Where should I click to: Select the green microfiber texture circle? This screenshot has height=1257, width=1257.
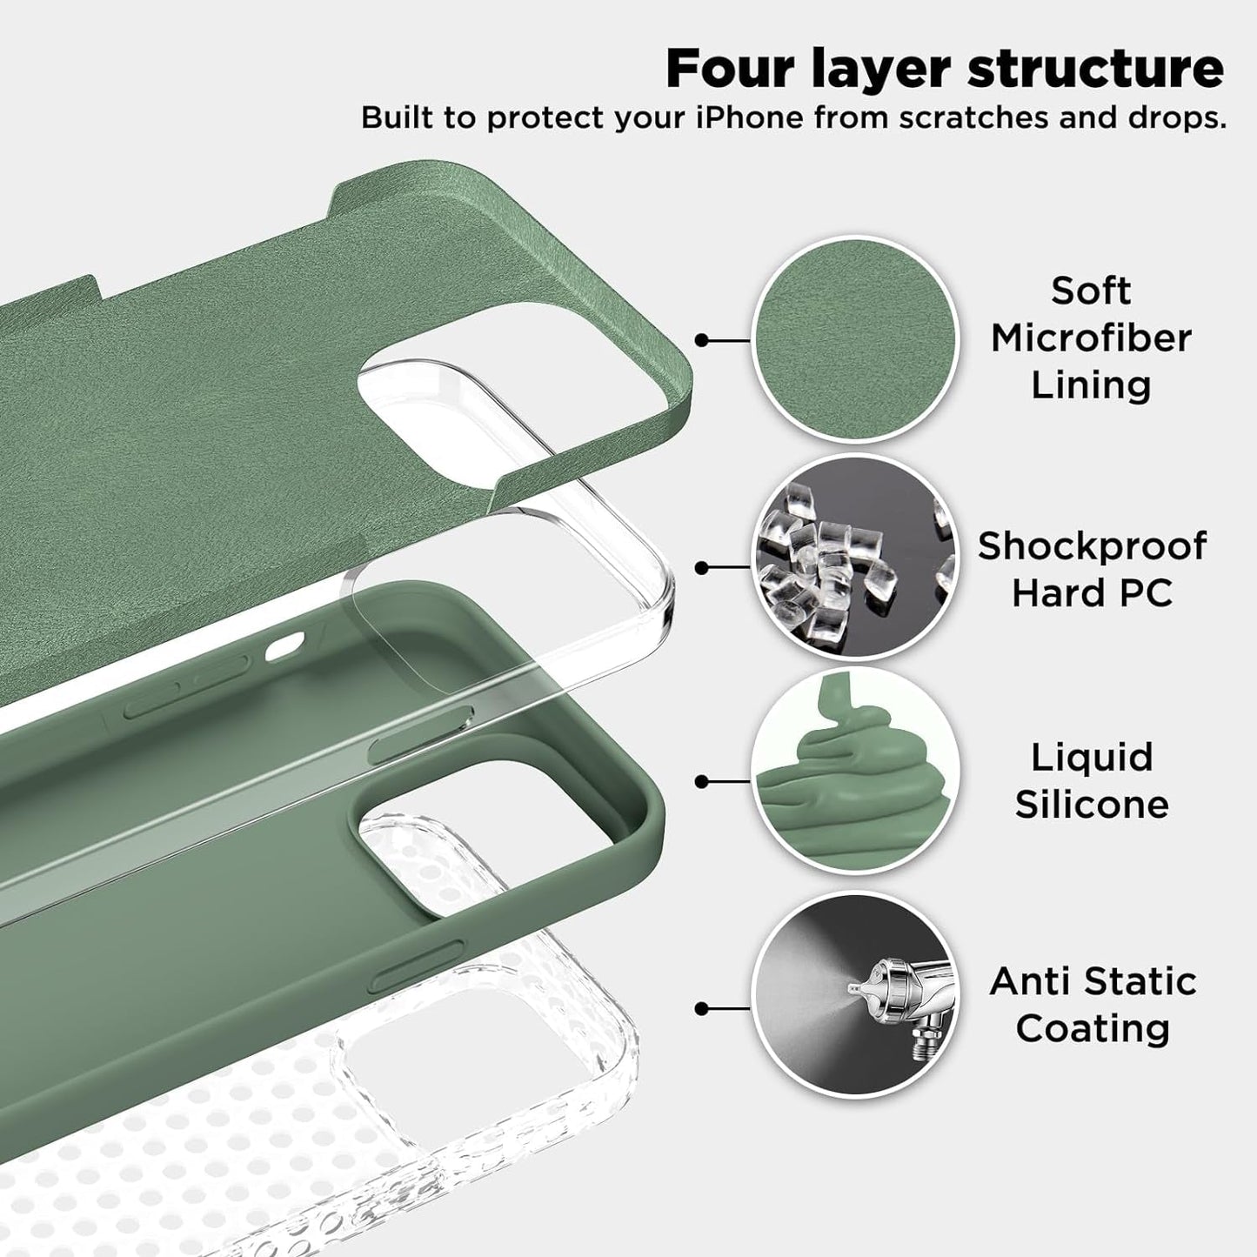coord(854,339)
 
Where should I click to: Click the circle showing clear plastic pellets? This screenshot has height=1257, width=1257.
coord(854,567)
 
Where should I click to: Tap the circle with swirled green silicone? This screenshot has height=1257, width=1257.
coord(854,781)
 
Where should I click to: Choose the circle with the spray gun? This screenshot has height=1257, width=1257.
coord(854,1007)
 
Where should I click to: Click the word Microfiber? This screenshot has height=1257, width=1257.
coord(1091,338)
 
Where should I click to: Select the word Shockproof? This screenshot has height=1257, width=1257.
coord(1092,546)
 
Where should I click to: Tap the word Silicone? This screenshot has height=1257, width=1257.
coord(1092,804)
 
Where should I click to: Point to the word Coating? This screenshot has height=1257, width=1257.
coord(1092,1028)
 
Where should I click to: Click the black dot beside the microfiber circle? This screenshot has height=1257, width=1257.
coord(702,340)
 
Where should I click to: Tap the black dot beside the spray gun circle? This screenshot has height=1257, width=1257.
coord(702,1008)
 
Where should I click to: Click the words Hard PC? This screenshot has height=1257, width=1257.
coord(1092,593)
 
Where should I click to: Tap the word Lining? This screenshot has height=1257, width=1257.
coord(1091,384)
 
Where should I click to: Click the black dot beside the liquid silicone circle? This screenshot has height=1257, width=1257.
coord(702,781)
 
